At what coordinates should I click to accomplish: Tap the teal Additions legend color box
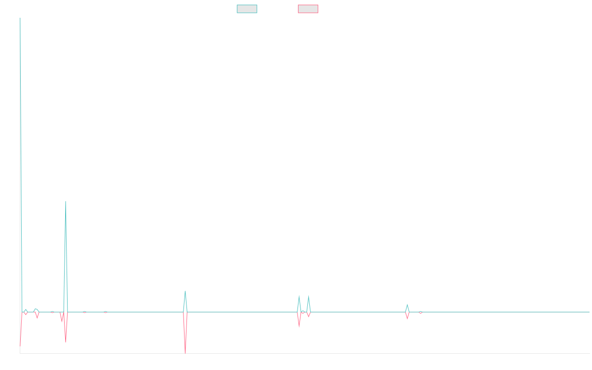pos(247,9)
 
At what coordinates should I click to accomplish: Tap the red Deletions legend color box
pos(308,9)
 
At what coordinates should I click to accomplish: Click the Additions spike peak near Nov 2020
pos(65,201)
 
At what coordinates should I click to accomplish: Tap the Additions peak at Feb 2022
pos(185,291)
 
